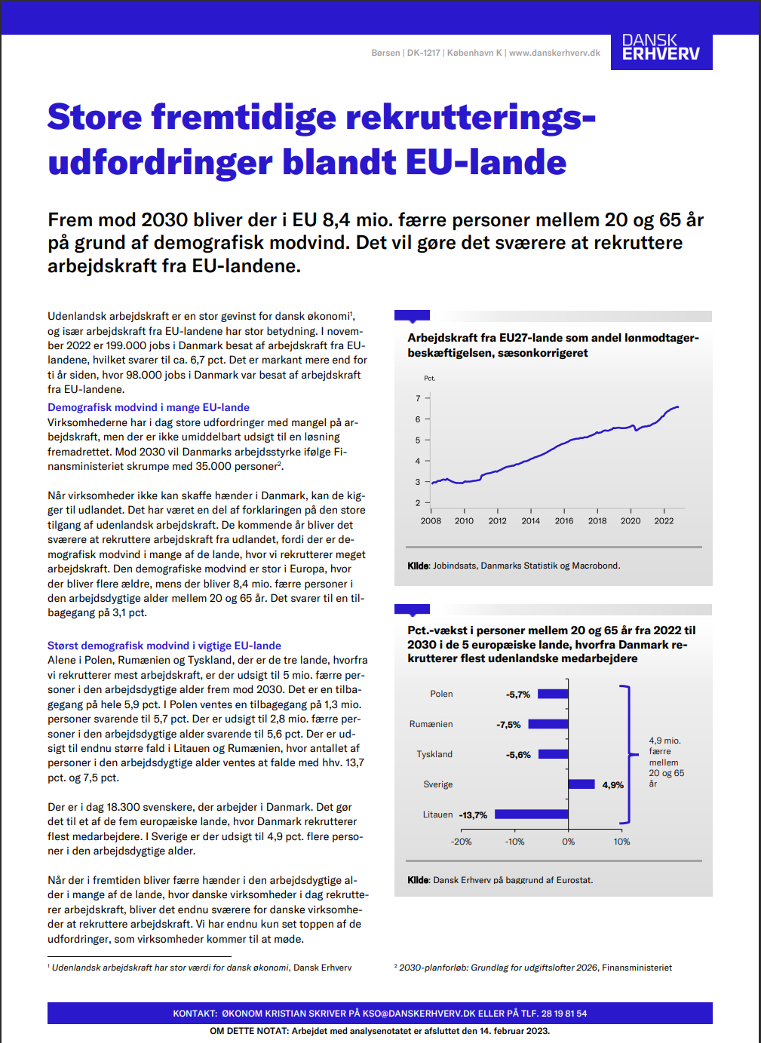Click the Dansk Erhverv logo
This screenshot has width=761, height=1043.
(661, 48)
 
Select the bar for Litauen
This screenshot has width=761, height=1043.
(531, 814)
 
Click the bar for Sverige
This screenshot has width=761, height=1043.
(581, 784)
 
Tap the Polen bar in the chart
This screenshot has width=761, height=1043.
(553, 694)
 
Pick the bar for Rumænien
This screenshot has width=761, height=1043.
(548, 724)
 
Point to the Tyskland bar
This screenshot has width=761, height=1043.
(553, 754)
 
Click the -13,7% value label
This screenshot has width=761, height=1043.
(473, 815)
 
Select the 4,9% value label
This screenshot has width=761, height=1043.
(612, 785)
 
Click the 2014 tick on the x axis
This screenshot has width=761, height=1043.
(530, 520)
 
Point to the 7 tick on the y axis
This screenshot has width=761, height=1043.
(419, 398)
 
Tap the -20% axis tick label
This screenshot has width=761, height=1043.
(461, 842)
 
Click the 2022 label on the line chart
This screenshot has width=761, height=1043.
(664, 520)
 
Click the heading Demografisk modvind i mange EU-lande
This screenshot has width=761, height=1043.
(149, 407)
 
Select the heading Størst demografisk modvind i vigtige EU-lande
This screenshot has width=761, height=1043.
(164, 646)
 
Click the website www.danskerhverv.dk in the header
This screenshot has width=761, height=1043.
(554, 53)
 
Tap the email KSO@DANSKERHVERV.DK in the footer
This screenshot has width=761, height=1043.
(429, 1014)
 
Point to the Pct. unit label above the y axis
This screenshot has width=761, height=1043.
(429, 379)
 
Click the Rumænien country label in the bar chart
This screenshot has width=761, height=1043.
(431, 724)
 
